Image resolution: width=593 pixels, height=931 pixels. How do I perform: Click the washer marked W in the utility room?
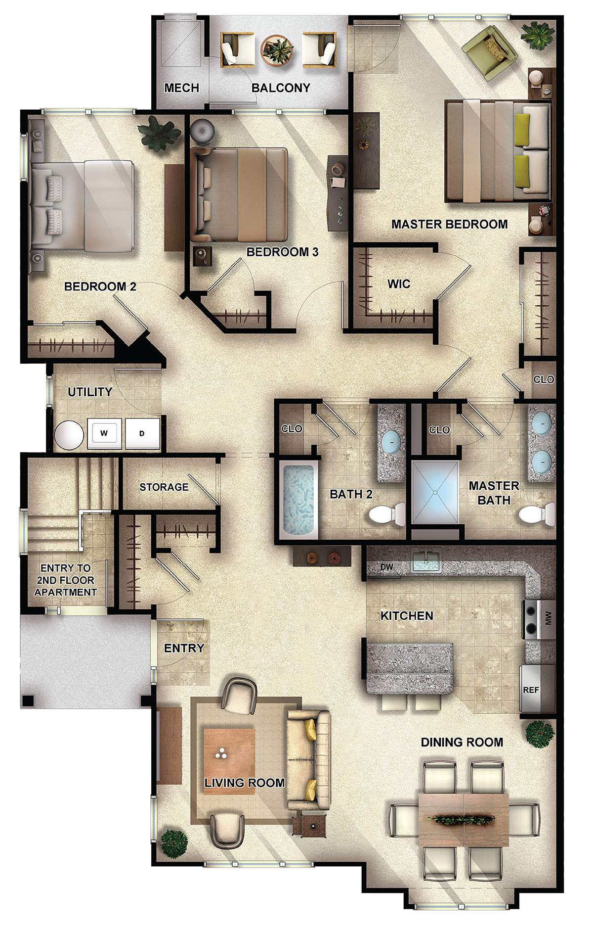[104, 434]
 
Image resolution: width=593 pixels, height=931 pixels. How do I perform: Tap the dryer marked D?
[142, 434]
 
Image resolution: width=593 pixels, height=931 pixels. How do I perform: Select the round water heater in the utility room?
[69, 435]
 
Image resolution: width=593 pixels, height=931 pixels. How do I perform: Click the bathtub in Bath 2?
[298, 500]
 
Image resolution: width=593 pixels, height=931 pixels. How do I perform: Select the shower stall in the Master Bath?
[435, 492]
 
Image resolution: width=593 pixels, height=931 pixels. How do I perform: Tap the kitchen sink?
[427, 560]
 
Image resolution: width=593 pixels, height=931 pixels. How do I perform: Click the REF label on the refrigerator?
[531, 690]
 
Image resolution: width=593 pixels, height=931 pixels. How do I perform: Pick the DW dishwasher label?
[386, 567]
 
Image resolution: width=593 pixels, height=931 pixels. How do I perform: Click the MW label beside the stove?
[548, 618]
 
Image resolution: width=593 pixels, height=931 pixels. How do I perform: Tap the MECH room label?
[181, 88]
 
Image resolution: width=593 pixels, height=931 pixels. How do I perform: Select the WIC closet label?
[399, 284]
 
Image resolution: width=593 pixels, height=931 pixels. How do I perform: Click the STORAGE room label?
[164, 487]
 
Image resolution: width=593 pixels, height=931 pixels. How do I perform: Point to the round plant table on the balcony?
[277, 50]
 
